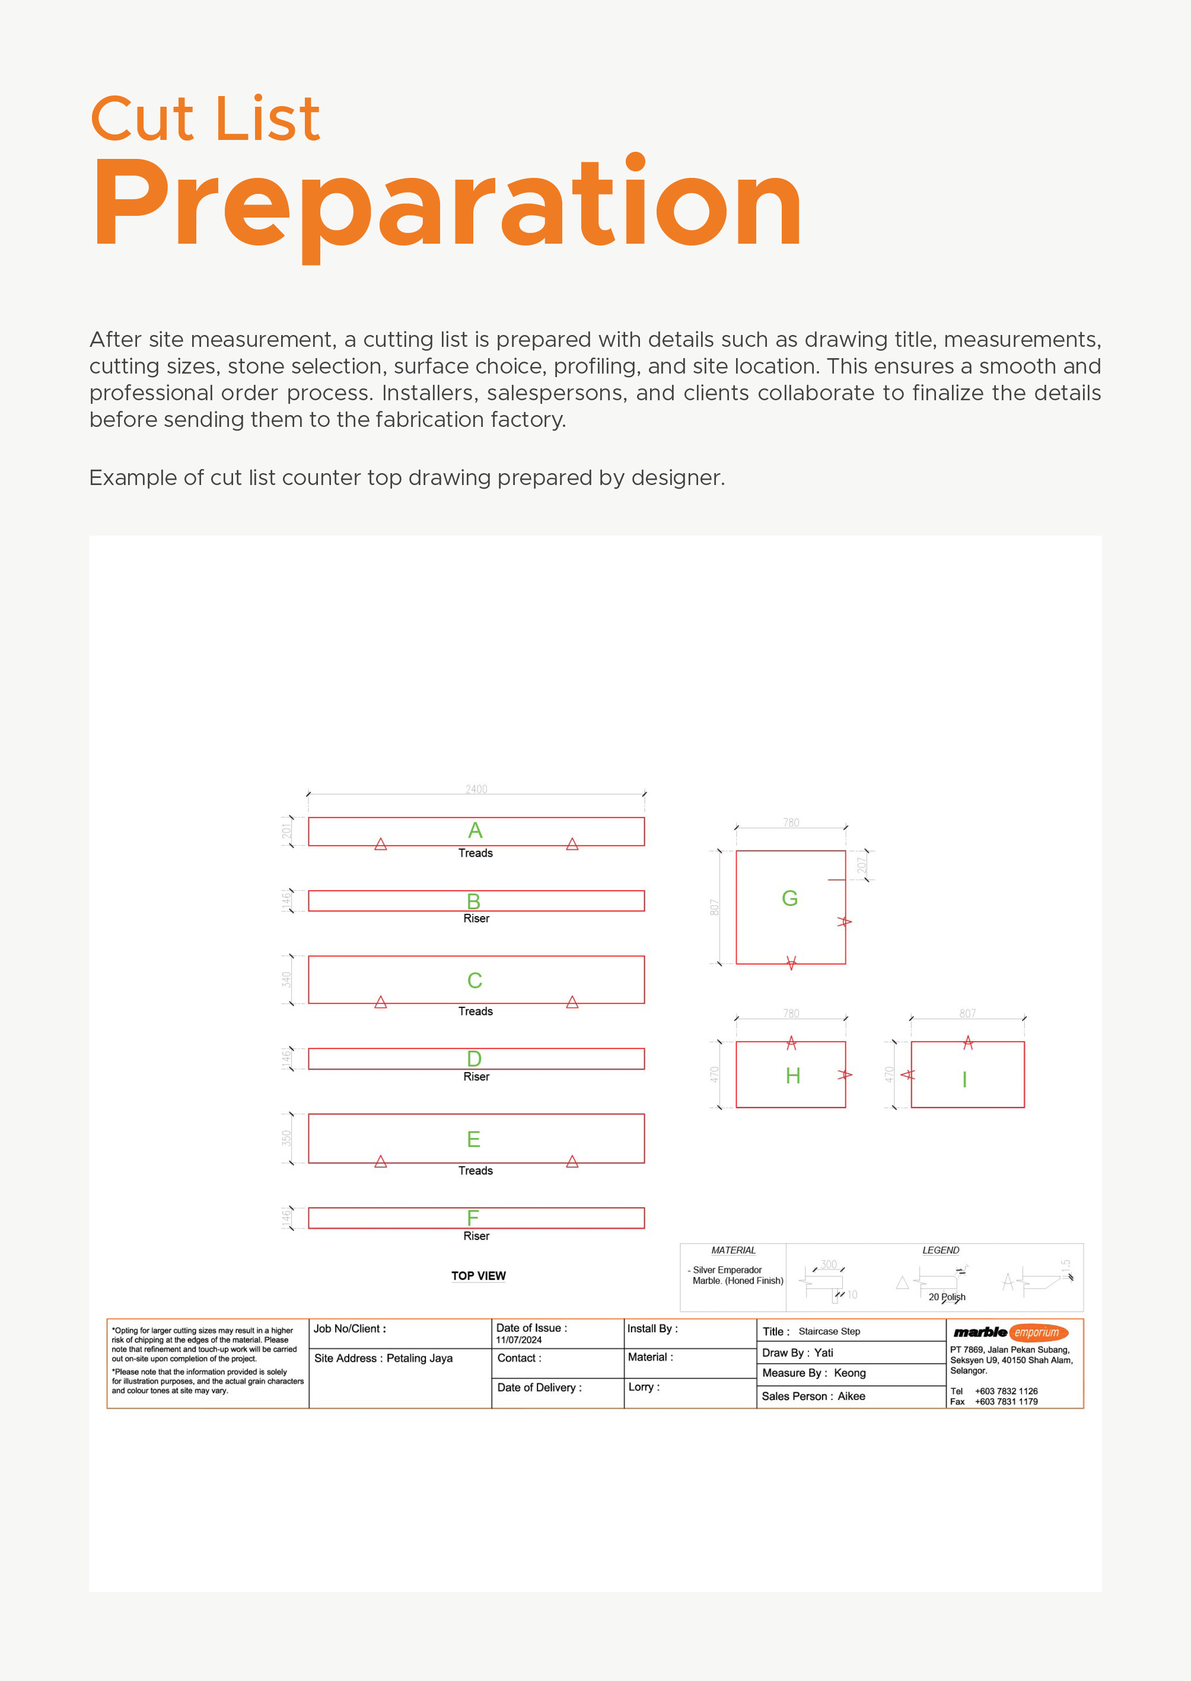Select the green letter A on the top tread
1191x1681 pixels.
coord(475,830)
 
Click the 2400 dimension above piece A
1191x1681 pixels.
coord(476,789)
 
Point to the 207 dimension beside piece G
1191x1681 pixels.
coord(862,865)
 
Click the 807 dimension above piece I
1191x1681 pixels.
coord(967,1013)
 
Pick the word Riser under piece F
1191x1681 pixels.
coord(476,1236)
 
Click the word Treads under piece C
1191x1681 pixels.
coord(475,1011)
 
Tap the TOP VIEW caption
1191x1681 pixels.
coord(478,1275)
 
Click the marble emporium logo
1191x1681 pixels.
coord(1010,1332)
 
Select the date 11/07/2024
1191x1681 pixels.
coord(518,1340)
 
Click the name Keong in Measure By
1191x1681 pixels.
coord(849,1373)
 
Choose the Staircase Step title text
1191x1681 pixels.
coord(829,1331)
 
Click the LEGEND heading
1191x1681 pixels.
coord(940,1250)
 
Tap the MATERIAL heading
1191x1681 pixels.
coord(733,1250)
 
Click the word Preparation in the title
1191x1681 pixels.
coord(447,203)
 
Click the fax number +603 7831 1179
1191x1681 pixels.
coord(1005,1402)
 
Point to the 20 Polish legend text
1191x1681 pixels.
coord(946,1297)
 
